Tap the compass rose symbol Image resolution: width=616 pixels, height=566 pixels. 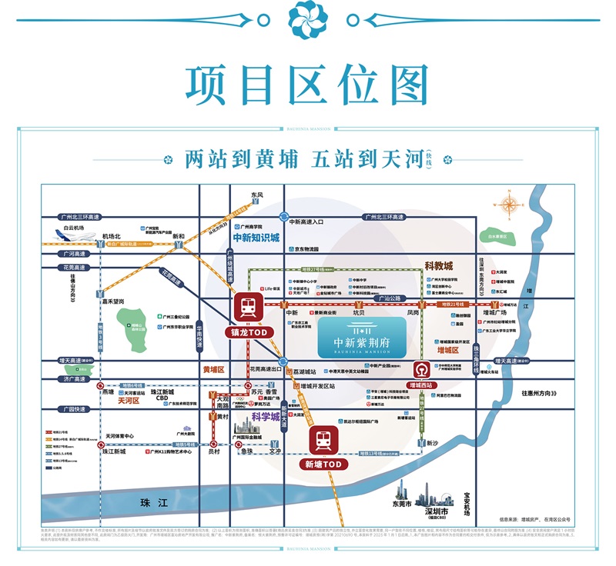click(510, 205)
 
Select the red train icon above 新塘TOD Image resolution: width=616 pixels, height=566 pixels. click(323, 441)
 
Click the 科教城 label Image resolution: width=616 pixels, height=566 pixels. click(440, 266)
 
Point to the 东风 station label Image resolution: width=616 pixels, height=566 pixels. click(256, 195)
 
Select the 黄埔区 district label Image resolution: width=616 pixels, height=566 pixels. click(213, 369)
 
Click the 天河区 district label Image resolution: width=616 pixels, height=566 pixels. click(128, 401)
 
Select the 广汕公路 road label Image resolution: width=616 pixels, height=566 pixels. click(391, 298)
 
